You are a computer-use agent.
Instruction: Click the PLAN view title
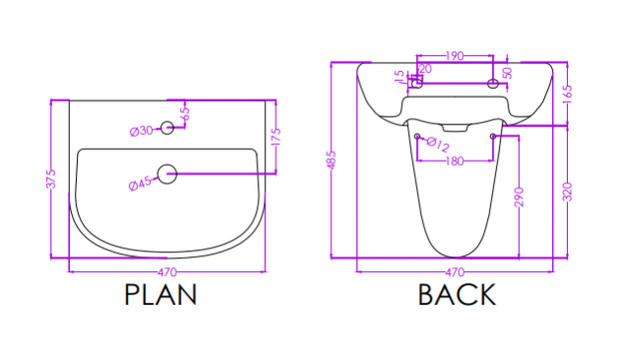click(x=161, y=295)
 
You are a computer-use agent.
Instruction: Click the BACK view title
click(x=456, y=295)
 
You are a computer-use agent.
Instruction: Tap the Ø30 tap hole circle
click(x=168, y=128)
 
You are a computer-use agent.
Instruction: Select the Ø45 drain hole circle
click(x=168, y=174)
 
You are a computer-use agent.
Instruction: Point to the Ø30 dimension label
click(x=141, y=131)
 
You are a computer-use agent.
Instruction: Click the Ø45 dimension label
click(x=140, y=183)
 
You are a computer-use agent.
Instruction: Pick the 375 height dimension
click(x=51, y=179)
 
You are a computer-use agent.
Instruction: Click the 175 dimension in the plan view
click(x=276, y=137)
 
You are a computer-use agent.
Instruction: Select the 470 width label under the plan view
click(x=167, y=272)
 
